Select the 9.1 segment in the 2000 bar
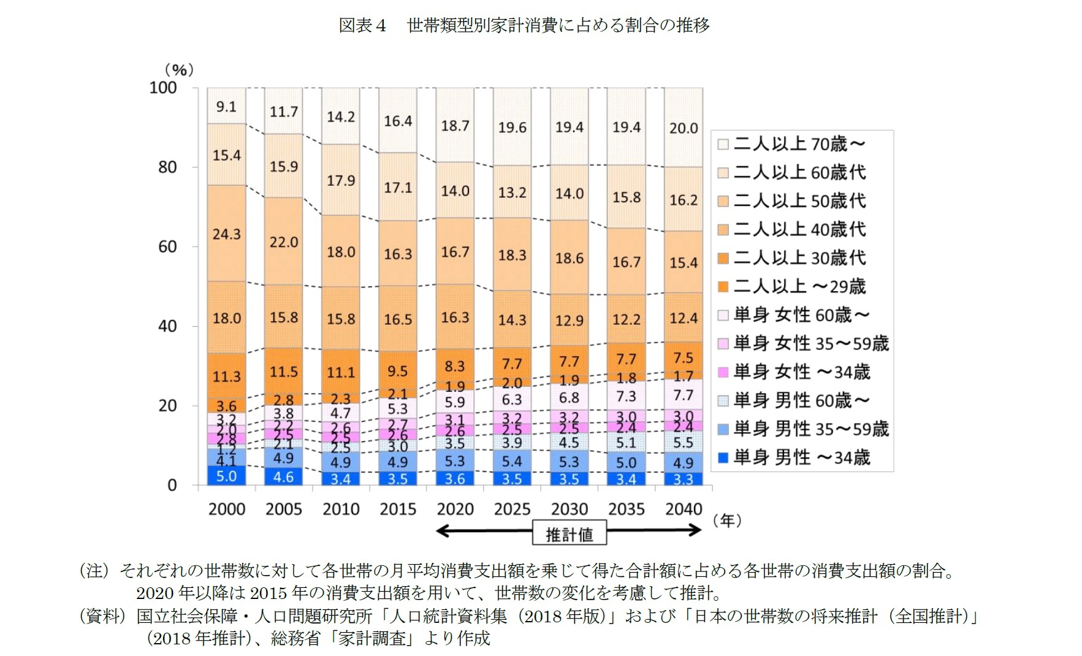[x=226, y=107]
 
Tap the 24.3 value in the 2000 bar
[x=226, y=234]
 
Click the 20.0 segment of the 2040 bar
[x=684, y=128]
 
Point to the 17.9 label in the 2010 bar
[x=341, y=180]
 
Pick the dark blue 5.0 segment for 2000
[x=226, y=476]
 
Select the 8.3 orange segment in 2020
[x=455, y=367]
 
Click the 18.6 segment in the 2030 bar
[x=569, y=258]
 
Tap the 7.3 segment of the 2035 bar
[x=626, y=396]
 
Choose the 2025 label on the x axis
[x=512, y=509]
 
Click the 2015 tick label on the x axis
[x=398, y=509]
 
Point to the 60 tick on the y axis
[x=167, y=247]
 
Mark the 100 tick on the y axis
[x=163, y=88]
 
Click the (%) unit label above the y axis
[x=179, y=70]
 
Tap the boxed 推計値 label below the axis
[x=570, y=535]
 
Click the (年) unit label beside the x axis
[x=727, y=521]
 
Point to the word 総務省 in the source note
[x=295, y=638]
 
